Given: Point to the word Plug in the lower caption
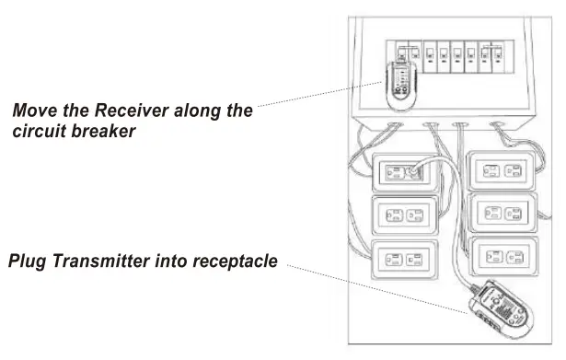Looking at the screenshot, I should pyautogui.click(x=29, y=262).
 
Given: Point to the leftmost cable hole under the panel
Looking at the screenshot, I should pyautogui.click(x=393, y=122).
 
